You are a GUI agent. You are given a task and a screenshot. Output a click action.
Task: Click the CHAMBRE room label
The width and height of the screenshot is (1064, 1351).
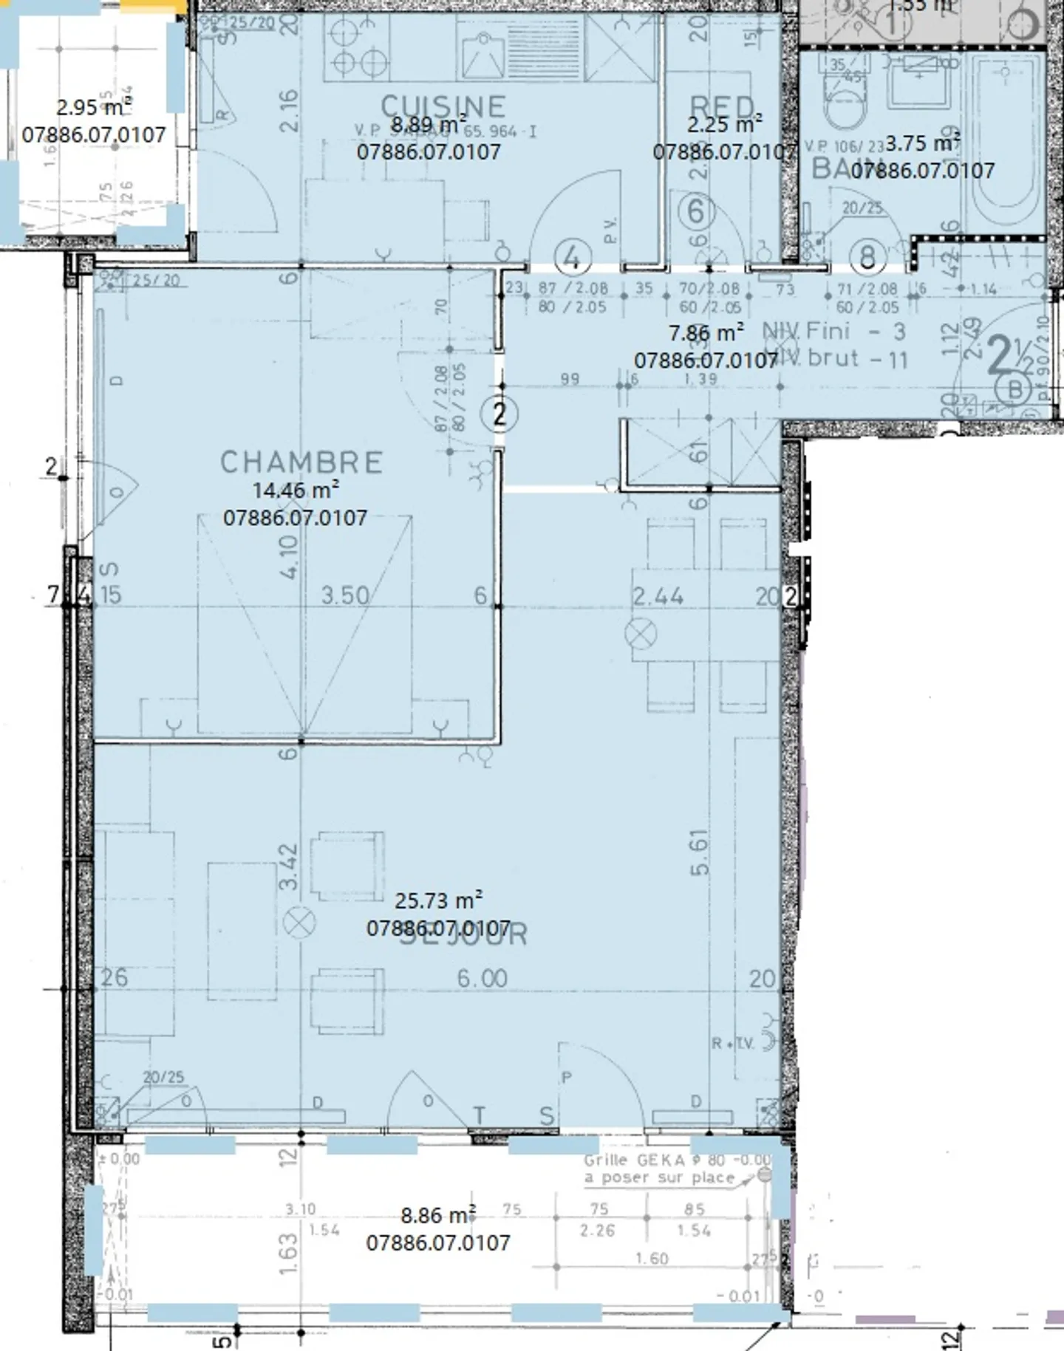tap(301, 462)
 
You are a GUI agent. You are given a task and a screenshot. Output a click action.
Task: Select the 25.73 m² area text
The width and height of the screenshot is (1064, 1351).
tap(438, 900)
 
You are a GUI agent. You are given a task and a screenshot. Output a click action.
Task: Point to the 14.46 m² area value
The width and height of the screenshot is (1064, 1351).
tap(296, 490)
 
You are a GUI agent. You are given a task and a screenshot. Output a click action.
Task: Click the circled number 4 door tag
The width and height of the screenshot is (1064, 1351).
tap(572, 258)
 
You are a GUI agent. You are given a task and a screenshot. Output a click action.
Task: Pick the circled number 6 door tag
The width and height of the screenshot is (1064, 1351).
tap(696, 211)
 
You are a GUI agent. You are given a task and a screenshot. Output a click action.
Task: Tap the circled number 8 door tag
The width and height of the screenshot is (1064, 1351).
tap(867, 256)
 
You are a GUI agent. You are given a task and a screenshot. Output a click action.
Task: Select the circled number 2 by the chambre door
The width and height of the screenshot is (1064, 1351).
tap(499, 414)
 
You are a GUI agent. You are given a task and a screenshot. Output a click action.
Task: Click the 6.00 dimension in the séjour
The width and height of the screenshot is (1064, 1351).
tap(482, 979)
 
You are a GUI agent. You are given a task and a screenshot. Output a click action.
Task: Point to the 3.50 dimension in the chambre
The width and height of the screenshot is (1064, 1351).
tap(344, 595)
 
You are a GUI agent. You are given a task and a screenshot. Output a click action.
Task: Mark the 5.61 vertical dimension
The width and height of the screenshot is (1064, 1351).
tap(699, 853)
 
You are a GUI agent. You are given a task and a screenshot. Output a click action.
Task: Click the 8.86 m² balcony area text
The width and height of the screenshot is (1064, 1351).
tap(438, 1215)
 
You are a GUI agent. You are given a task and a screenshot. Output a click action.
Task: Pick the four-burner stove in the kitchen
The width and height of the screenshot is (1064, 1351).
tap(358, 47)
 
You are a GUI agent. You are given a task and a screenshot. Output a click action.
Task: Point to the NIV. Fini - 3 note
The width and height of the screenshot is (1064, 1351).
tap(833, 331)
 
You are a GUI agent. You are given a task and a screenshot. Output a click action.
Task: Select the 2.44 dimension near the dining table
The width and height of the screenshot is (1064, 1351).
tap(658, 595)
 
